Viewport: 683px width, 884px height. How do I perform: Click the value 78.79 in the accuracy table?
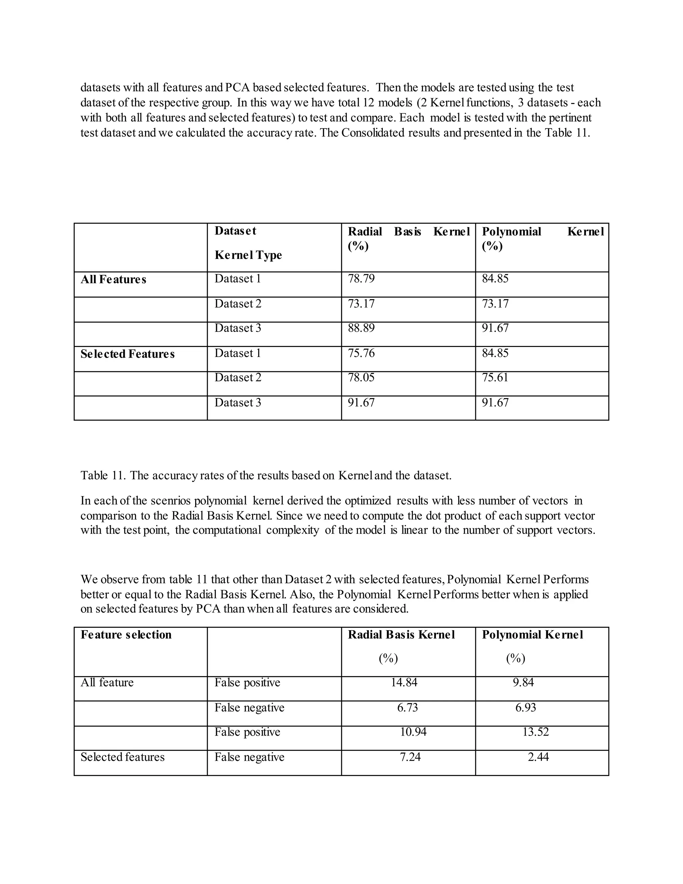coord(361,279)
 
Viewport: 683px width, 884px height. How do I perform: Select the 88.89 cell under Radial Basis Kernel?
coord(361,328)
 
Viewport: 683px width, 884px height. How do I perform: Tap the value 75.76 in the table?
coord(361,353)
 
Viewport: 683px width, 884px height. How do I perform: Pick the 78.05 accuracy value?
coord(361,377)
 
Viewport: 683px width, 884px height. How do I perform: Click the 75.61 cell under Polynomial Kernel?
coord(495,377)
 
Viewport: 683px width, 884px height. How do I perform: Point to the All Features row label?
coord(113,279)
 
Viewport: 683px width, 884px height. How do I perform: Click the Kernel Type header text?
coord(248,255)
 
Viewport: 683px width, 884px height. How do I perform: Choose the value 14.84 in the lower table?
coord(404,683)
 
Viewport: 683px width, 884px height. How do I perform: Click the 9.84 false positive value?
coord(523,683)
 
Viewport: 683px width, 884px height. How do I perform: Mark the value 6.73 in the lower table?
coord(408,708)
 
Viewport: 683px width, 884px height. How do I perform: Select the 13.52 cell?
coord(535,732)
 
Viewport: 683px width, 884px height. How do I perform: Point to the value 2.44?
coord(538,757)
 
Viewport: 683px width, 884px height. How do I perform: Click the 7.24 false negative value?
coord(410,757)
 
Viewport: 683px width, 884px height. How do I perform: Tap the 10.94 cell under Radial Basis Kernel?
coord(413,732)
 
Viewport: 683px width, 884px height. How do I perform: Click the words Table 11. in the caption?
coord(103,475)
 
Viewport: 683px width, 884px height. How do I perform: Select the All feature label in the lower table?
coord(107,683)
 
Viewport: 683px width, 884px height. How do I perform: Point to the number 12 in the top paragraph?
coord(368,102)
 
